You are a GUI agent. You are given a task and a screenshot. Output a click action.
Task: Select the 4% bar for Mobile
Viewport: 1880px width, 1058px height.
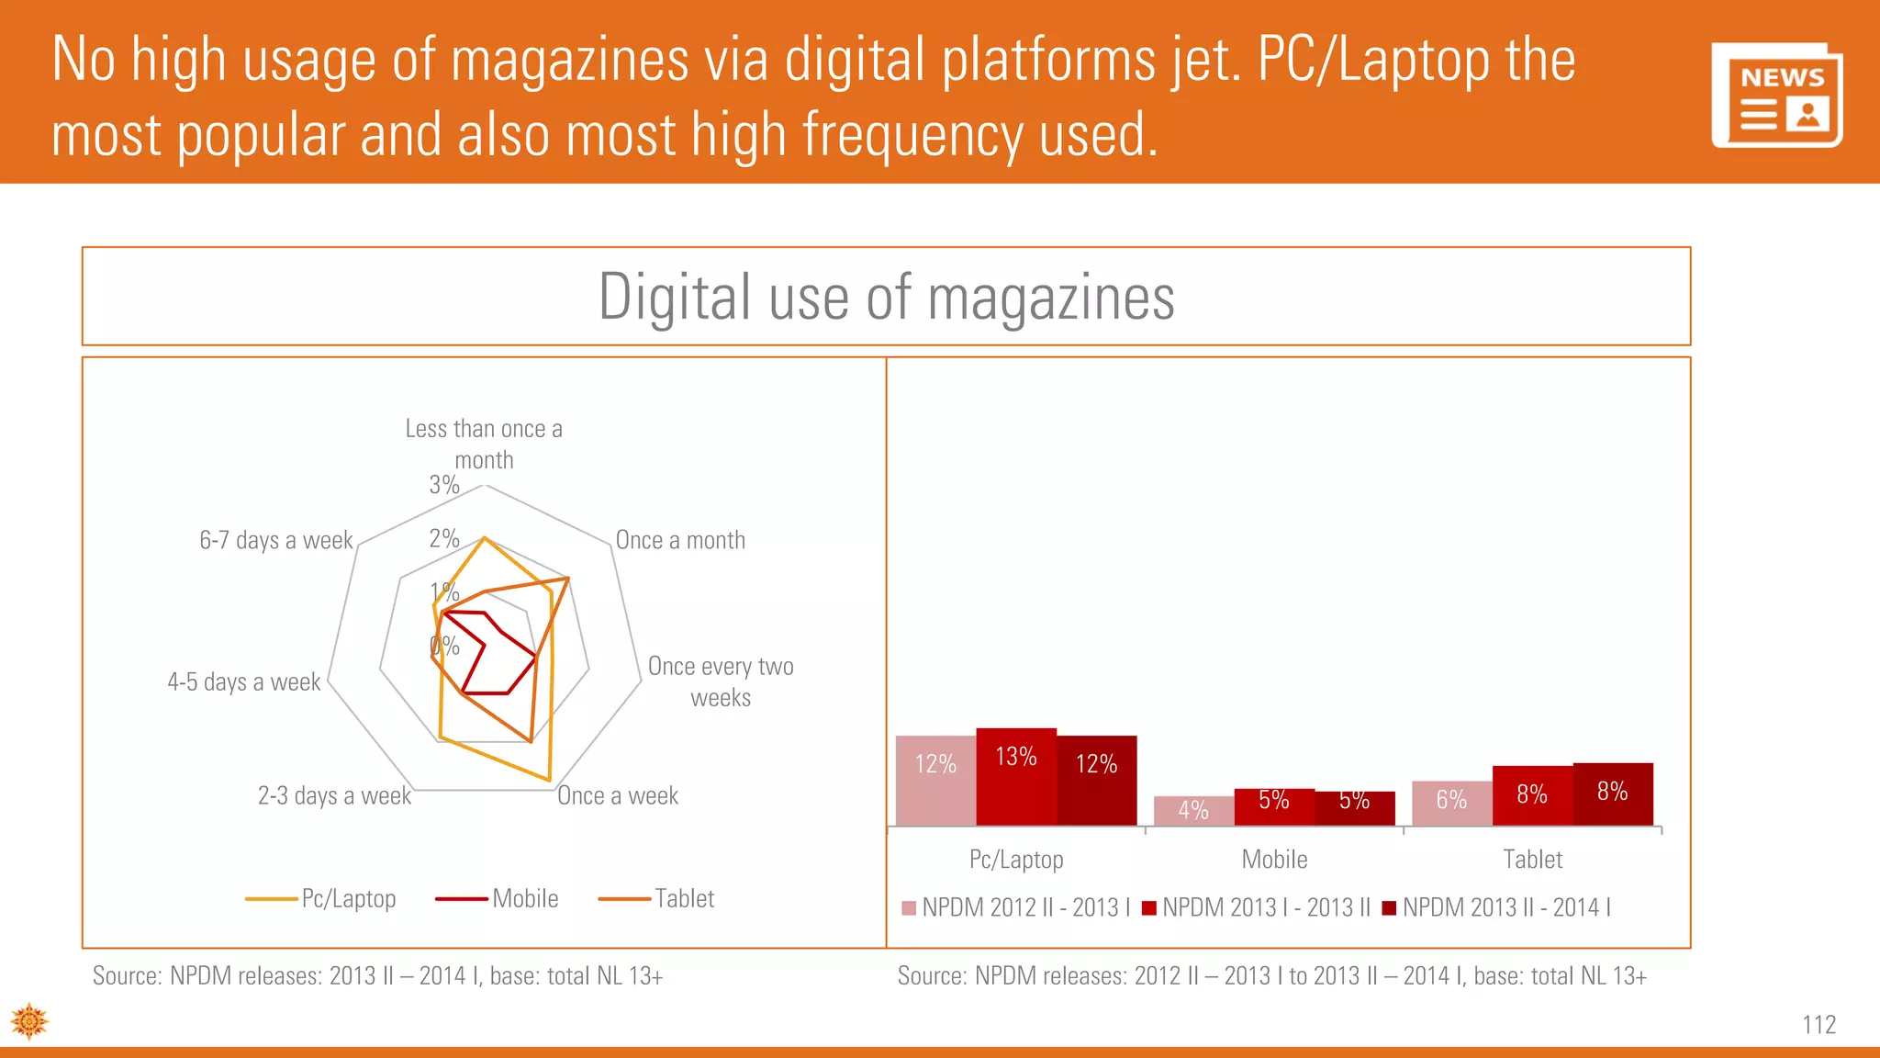(1193, 810)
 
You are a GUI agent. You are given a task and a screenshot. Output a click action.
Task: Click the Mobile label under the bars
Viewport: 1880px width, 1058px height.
(1274, 860)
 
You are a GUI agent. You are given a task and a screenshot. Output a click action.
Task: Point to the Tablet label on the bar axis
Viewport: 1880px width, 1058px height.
(1532, 860)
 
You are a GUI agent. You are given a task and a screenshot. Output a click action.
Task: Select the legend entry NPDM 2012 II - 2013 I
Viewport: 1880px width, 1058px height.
(1016, 907)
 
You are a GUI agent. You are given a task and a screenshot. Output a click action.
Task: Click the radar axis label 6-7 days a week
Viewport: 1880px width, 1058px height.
(275, 540)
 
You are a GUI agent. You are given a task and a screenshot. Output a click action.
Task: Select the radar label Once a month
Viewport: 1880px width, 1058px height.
(680, 540)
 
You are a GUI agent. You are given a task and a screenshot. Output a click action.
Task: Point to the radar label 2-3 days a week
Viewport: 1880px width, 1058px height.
(334, 795)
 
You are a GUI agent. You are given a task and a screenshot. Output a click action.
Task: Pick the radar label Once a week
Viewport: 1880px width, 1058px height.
(618, 795)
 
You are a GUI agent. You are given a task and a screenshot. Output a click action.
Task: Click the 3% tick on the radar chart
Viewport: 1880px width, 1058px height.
(444, 485)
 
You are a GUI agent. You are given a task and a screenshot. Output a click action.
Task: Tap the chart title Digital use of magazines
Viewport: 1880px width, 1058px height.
(886, 297)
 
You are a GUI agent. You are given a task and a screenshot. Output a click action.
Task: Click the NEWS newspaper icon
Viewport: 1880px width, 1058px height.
(1776, 95)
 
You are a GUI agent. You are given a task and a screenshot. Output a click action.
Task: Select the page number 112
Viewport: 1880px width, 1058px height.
(1818, 1024)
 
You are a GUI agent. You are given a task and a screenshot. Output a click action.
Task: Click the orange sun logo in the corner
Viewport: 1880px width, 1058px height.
(29, 1021)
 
